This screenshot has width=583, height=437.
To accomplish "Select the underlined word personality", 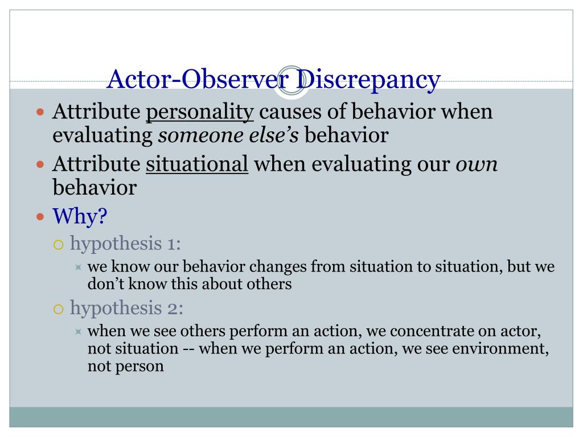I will coord(200,112).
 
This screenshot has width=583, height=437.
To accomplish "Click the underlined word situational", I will coord(197,165).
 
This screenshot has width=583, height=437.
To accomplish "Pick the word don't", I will coord(105,284).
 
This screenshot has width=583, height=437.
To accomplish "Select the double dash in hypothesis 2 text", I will coord(188,348).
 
